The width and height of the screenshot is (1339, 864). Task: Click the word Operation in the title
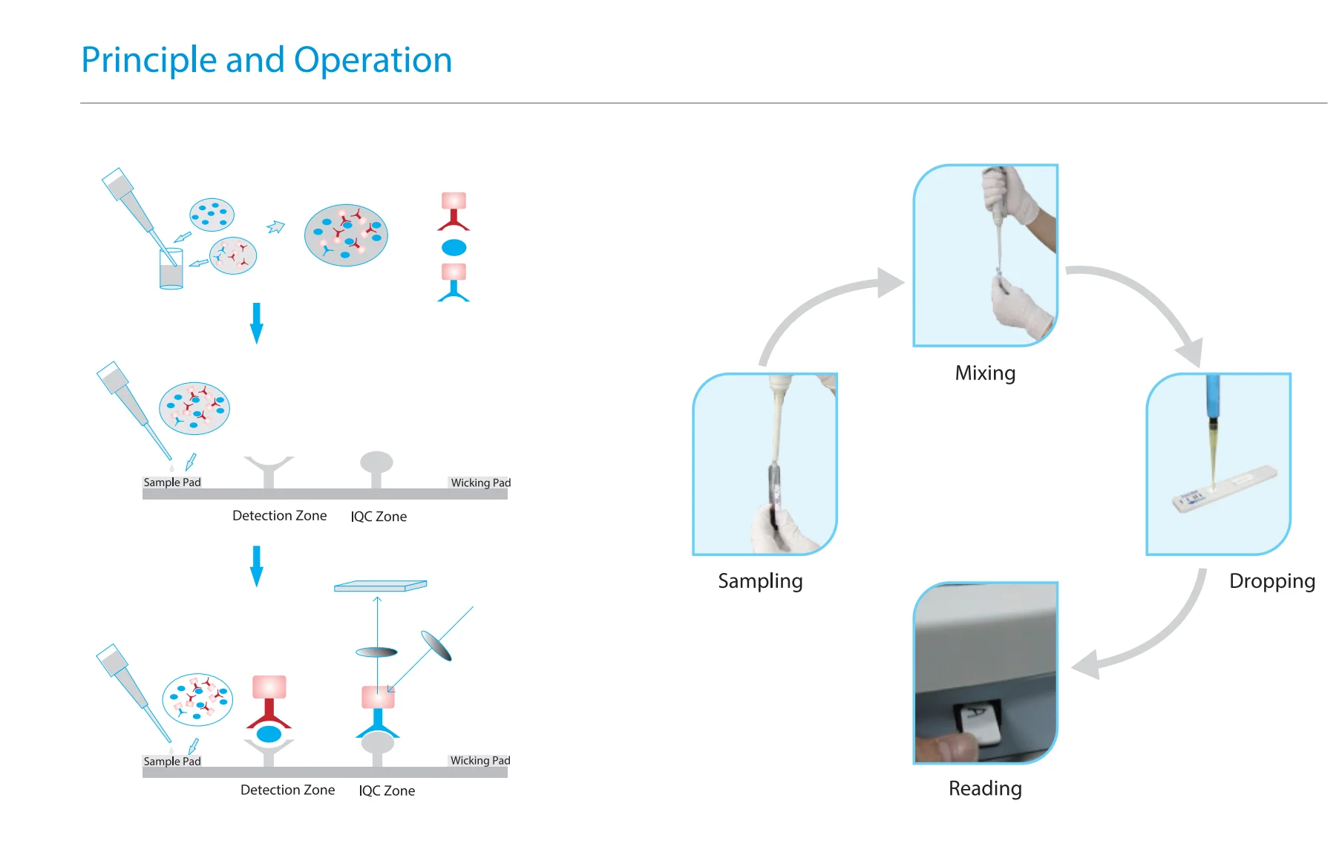click(x=373, y=60)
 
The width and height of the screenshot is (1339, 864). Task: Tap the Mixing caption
click(x=984, y=373)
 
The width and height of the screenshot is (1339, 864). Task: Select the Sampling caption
click(x=759, y=580)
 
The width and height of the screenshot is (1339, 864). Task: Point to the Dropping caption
click(x=1271, y=580)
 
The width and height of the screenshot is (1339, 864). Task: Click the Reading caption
click(x=984, y=788)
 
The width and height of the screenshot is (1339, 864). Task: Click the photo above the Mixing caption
click(x=985, y=255)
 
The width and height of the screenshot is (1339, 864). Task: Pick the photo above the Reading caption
click(x=985, y=672)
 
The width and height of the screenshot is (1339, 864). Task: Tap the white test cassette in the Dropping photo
click(x=1225, y=488)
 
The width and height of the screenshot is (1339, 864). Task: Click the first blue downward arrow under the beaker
click(x=257, y=323)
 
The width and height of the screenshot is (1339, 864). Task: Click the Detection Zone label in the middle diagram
click(x=279, y=516)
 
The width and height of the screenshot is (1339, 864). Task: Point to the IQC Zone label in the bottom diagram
click(x=387, y=791)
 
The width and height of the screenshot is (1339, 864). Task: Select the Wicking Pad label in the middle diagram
click(x=480, y=482)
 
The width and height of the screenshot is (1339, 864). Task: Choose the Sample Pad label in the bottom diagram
click(x=171, y=762)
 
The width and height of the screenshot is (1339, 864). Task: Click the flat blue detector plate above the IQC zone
click(x=380, y=586)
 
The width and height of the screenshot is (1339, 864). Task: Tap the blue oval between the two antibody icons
click(x=454, y=247)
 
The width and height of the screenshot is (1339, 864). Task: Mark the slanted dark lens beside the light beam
click(x=436, y=645)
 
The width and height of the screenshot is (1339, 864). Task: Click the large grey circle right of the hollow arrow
click(x=346, y=235)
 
